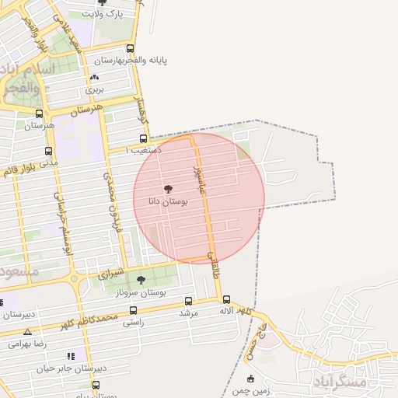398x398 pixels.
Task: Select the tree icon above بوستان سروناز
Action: pyautogui.click(x=141, y=280)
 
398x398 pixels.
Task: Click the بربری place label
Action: pyautogui.click(x=95, y=89)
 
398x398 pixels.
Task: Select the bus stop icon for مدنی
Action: pyautogui.click(x=49, y=152)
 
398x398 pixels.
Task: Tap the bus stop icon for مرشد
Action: pyautogui.click(x=188, y=301)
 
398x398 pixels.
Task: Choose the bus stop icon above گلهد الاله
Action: pyautogui.click(x=226, y=299)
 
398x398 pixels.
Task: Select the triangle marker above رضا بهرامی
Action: pyautogui.click(x=28, y=332)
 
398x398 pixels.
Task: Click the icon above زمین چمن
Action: pyautogui.click(x=250, y=379)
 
